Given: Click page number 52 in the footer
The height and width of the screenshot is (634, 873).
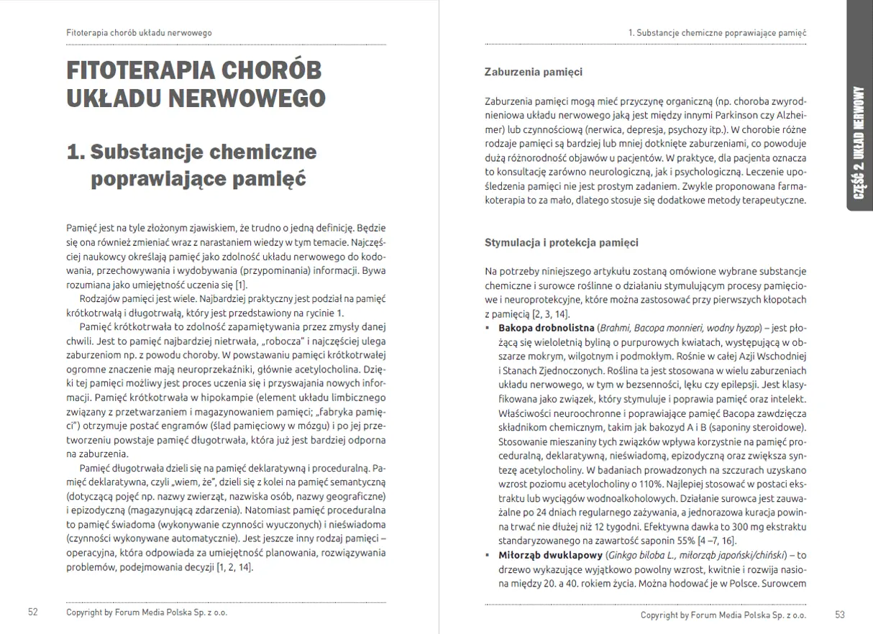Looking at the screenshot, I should [x=32, y=612].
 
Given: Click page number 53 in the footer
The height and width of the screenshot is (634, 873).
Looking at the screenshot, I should [x=841, y=615].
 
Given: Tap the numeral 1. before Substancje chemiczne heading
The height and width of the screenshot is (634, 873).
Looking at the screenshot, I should [x=76, y=152].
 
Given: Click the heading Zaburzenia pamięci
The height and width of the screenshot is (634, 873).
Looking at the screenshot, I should [x=534, y=72].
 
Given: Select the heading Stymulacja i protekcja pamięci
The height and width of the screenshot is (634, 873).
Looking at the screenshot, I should [x=562, y=242].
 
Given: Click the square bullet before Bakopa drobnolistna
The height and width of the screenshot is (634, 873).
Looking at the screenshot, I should [x=489, y=328].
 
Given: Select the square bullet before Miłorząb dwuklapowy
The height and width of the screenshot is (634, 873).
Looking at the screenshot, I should [x=489, y=555].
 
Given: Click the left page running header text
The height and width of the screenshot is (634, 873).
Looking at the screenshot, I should [x=139, y=33].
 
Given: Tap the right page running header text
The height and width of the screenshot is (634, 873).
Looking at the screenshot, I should [x=717, y=33].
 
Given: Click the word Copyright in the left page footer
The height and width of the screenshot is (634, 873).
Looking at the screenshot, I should [x=87, y=613].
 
